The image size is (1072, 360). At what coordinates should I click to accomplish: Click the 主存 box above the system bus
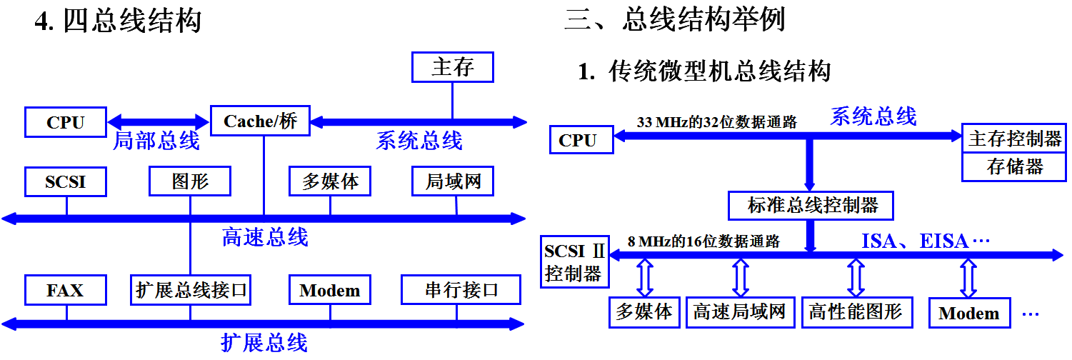pos(453,67)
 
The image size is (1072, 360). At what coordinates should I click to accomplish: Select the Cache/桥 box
pos(260,121)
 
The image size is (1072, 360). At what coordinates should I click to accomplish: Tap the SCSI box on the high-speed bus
pos(65,181)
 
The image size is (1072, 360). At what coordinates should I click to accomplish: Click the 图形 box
pos(190,181)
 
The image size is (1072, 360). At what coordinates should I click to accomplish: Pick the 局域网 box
pos(454,181)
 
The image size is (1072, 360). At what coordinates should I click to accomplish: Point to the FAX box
pos(65,290)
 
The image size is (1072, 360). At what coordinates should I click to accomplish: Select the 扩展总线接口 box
pos(191,290)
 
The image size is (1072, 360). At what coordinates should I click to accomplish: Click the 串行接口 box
pos(461,290)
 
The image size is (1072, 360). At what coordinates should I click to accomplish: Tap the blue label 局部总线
pos(156,141)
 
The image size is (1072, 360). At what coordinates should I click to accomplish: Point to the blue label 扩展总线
pos(264,342)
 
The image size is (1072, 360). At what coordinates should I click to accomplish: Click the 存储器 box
pos(1014,166)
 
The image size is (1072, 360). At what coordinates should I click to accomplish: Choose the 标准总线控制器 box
pos(813,206)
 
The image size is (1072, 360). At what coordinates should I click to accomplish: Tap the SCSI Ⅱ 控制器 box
pos(574,261)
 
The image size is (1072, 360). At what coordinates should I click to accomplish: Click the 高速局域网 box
pos(739,312)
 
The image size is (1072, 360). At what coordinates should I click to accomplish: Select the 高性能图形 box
pos(856,312)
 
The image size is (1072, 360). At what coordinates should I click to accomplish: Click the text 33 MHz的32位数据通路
pos(716,122)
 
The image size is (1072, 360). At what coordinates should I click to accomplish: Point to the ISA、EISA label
pos(925,241)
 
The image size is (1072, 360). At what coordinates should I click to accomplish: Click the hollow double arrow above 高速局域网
pos(740,277)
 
